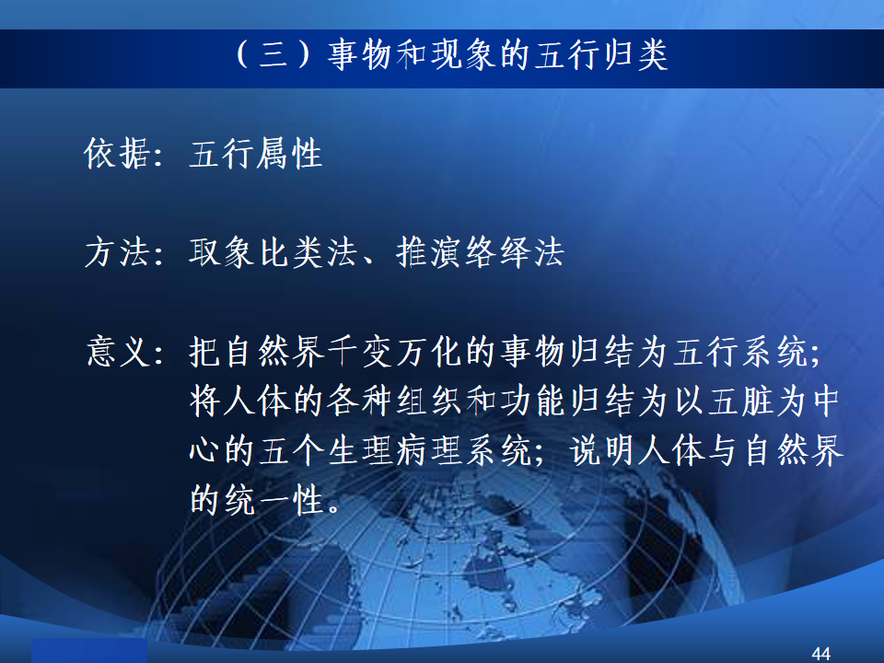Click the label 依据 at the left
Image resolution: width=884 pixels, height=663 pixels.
tap(117, 154)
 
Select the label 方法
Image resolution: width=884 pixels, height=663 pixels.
tap(117, 252)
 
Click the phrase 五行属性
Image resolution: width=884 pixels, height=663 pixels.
tap(255, 154)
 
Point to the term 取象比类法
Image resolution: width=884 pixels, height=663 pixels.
tap(273, 252)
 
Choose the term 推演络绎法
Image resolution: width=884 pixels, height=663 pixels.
tap(480, 252)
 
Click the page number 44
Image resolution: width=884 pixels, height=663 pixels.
tap(820, 654)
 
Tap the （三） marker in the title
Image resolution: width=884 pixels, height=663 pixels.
tap(273, 55)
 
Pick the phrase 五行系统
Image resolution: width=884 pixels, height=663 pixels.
tap(740, 351)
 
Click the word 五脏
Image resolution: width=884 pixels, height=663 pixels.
tap(740, 401)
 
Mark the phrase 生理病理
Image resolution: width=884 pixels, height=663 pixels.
tap(395, 451)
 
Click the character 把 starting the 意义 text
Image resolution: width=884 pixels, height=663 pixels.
tap(205, 351)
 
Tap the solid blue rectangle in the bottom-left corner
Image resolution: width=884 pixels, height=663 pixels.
tap(89, 651)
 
